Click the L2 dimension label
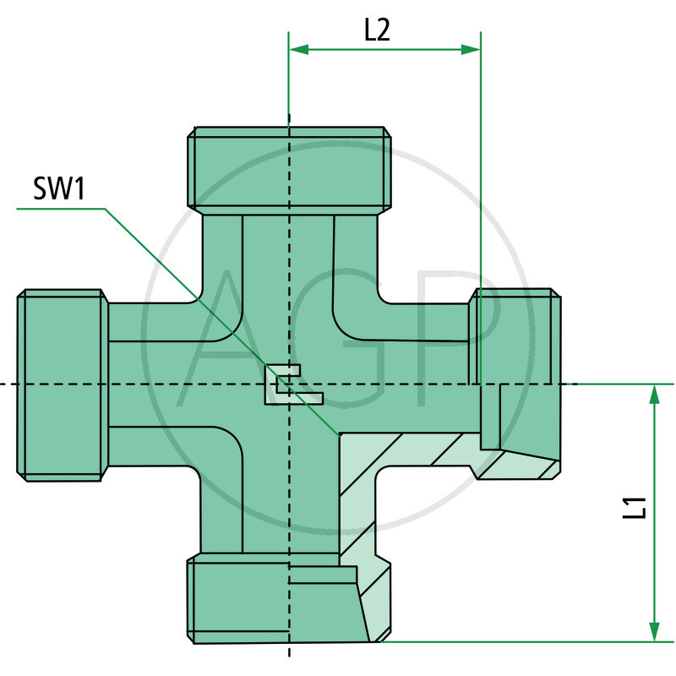(377, 30)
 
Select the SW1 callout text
(59, 189)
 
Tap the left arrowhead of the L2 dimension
(298, 50)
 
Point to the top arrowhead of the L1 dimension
(654, 393)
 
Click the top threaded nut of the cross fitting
(289, 169)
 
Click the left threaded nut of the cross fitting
(63, 385)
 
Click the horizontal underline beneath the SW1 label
(59, 208)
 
